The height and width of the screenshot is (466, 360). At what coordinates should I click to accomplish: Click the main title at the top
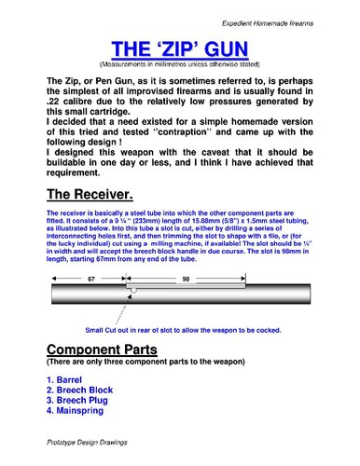point(179,49)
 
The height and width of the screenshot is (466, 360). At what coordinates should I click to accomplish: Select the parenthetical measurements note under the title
point(179,64)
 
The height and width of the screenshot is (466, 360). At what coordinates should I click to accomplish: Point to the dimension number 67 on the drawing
point(91,279)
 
